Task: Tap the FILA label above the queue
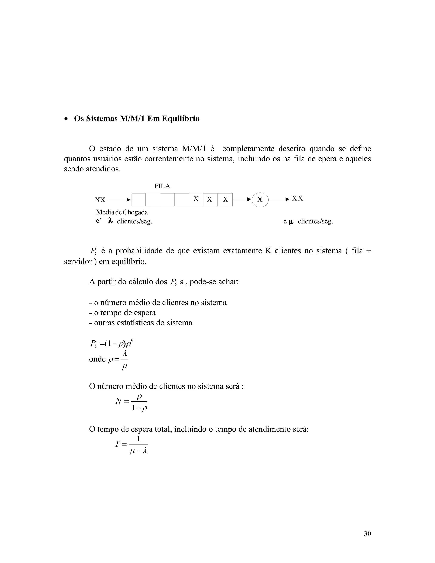[x=162, y=186]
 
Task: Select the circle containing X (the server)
[x=260, y=199]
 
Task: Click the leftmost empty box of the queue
[x=139, y=200]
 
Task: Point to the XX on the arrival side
[x=100, y=200]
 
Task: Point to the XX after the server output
[x=297, y=198]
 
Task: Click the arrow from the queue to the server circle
[x=242, y=199]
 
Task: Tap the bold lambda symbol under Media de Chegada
[x=110, y=221]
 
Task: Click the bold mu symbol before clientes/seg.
[x=291, y=221]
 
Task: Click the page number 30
[x=367, y=534]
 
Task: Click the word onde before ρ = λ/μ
[x=97, y=359]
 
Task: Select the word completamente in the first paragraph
[x=248, y=149]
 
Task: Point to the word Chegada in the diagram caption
[x=135, y=212]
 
